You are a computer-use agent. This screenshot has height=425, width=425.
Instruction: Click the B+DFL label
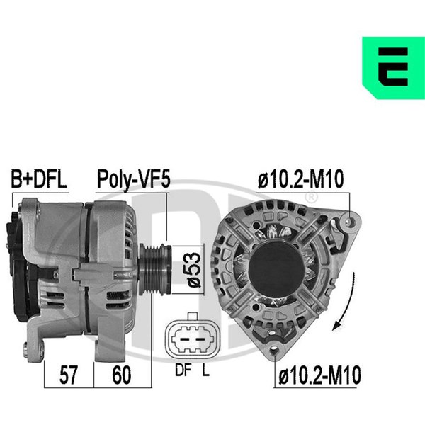(x=39, y=179)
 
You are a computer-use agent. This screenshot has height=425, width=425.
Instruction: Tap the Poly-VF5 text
(x=134, y=179)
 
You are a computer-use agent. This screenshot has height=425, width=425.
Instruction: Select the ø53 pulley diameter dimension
(x=194, y=270)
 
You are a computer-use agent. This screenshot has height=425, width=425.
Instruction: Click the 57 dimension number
(x=69, y=375)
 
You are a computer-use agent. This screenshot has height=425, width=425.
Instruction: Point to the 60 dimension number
(x=122, y=375)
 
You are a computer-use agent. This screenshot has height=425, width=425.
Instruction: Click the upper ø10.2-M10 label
(x=300, y=179)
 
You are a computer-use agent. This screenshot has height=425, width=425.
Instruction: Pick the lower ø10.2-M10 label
(x=320, y=375)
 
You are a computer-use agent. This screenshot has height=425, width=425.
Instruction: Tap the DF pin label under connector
(x=183, y=370)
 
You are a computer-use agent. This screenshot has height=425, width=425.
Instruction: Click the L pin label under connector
(x=206, y=370)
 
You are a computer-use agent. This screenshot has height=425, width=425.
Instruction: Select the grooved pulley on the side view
(x=155, y=269)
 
